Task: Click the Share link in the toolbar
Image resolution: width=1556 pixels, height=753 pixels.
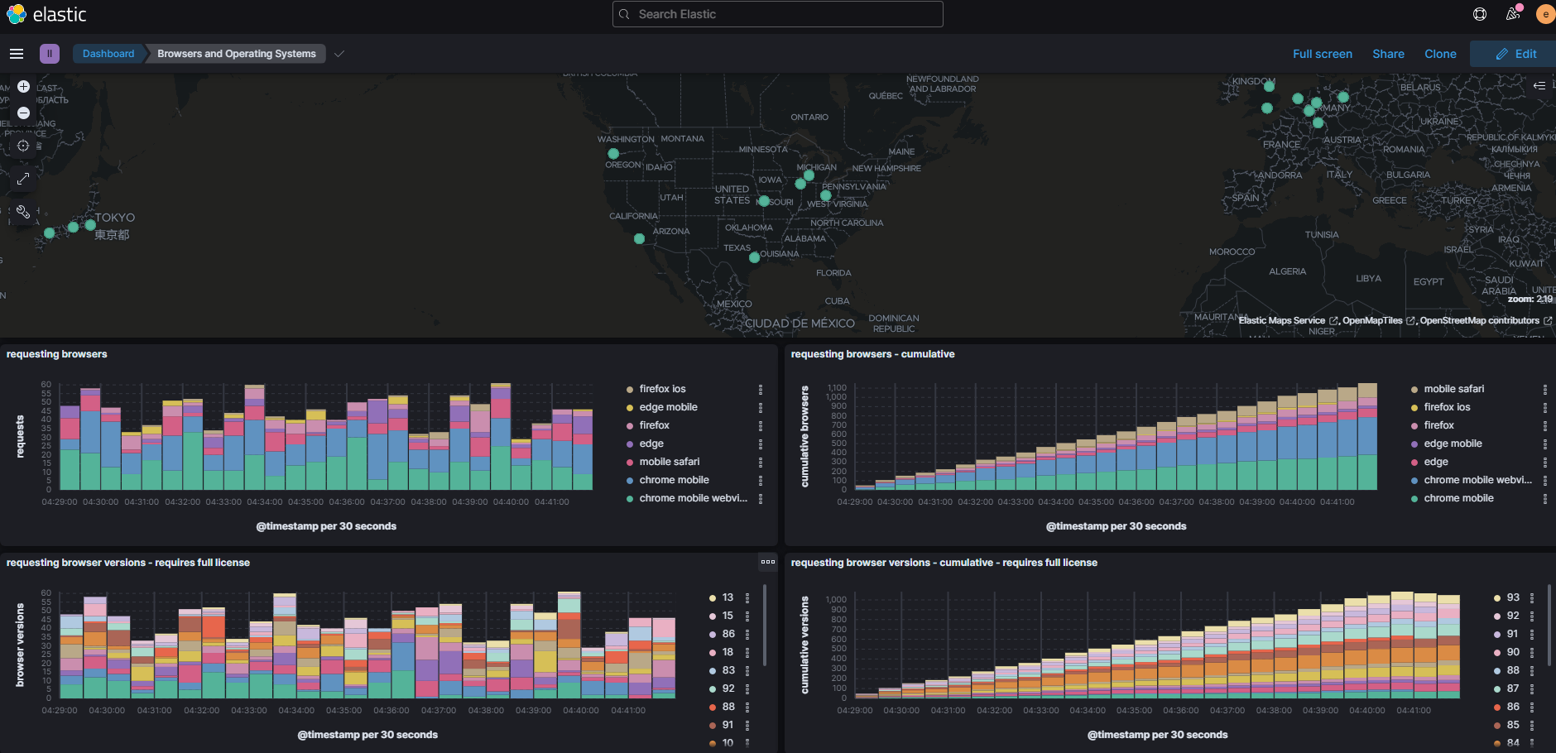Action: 1388,54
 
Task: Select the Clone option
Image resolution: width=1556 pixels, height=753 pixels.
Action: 1440,54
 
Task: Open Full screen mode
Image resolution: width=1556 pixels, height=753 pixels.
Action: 1322,54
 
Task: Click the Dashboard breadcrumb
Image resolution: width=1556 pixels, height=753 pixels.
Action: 108,54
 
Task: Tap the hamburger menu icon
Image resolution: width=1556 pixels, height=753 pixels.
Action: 17,54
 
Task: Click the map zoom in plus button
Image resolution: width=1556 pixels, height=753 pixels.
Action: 24,86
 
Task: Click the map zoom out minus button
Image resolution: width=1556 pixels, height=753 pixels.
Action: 24,113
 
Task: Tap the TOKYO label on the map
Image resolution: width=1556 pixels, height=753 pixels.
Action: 114,218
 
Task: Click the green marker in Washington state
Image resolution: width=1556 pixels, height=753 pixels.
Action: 613,153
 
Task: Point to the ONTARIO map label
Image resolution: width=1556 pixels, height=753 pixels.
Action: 809,118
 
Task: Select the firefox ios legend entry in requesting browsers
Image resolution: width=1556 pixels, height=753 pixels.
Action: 662,389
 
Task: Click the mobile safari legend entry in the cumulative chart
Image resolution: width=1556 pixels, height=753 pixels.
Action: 1453,389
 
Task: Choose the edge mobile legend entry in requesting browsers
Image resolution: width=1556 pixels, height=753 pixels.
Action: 668,407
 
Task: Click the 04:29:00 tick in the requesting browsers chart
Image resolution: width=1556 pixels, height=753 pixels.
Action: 60,502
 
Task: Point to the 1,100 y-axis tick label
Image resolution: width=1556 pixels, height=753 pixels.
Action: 836,388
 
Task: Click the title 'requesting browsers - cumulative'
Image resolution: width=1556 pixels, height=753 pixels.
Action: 872,354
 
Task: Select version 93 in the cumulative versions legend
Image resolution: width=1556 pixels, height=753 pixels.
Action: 1512,597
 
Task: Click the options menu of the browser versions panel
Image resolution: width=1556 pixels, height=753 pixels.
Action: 768,562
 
